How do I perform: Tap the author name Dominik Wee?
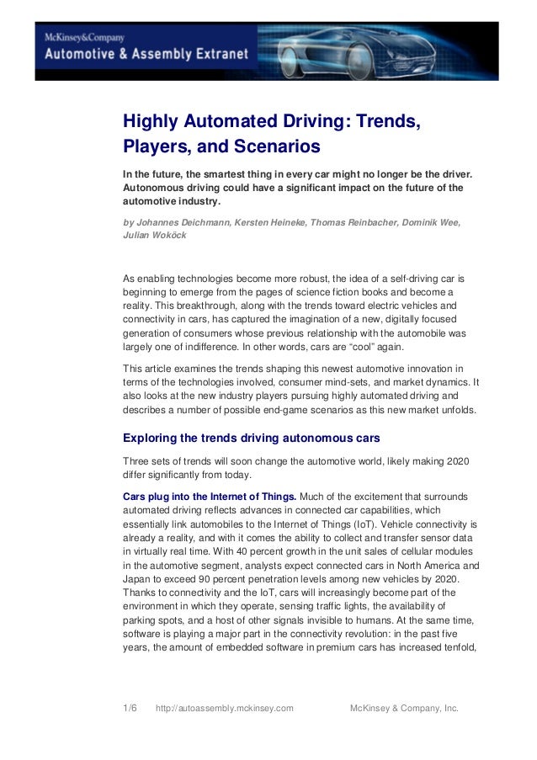click(428, 221)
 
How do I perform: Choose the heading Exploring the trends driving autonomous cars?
click(252, 438)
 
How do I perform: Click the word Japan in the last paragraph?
click(136, 581)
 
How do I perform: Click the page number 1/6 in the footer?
click(130, 708)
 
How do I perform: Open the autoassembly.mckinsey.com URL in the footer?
click(225, 708)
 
